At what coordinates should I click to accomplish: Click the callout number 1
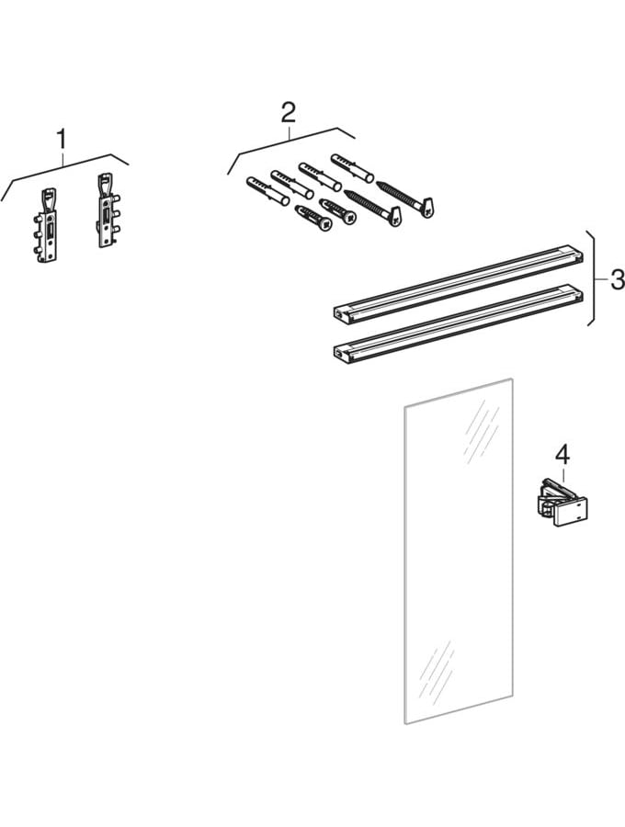[62, 140]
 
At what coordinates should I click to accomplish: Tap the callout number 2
[289, 113]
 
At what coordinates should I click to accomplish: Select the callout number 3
[617, 279]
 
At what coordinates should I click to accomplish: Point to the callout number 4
[562, 454]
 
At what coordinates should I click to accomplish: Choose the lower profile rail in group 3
[458, 324]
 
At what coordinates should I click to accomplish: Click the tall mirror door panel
[457, 551]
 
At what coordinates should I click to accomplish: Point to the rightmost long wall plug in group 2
[351, 167]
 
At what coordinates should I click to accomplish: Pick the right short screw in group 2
[338, 210]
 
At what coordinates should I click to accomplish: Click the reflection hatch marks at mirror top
[483, 432]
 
